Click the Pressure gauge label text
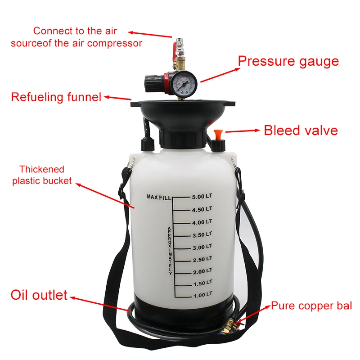point(288,61)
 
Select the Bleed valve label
point(301,130)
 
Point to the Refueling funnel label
point(56,97)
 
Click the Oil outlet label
point(39,296)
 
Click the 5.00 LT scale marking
point(202,197)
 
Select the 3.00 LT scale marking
point(202,247)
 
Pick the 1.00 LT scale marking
point(202,295)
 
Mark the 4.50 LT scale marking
point(202,209)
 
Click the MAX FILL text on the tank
point(160,197)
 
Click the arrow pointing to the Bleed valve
point(243,131)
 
